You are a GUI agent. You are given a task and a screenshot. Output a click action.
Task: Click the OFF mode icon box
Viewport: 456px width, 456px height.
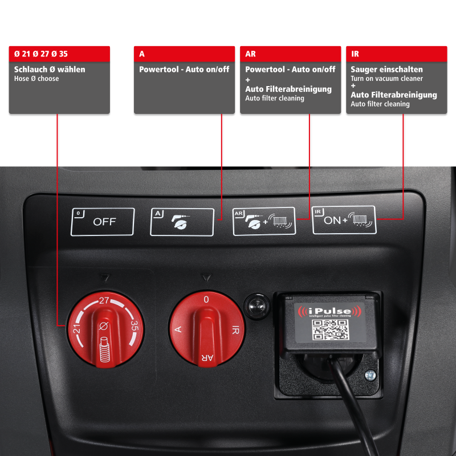click(x=103, y=222)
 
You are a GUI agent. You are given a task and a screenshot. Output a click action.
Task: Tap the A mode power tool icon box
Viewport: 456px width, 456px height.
click(x=182, y=222)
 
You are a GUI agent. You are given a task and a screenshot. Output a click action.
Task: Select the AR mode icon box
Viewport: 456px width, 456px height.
click(x=264, y=221)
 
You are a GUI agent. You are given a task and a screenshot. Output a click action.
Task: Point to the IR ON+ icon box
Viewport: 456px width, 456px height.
click(x=344, y=220)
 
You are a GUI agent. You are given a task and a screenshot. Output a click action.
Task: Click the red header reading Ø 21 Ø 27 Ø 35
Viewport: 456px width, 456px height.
click(x=59, y=54)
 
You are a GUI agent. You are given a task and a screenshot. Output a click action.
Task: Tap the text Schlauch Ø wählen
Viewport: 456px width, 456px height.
click(x=50, y=70)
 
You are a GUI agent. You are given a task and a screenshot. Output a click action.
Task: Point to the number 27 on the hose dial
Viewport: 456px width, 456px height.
click(x=104, y=300)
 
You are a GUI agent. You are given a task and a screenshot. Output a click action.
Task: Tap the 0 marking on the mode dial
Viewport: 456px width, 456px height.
click(x=206, y=299)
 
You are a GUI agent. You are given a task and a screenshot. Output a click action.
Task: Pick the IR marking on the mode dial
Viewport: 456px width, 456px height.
click(x=235, y=330)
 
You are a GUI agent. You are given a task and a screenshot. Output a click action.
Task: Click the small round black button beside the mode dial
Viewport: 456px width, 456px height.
click(x=254, y=305)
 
